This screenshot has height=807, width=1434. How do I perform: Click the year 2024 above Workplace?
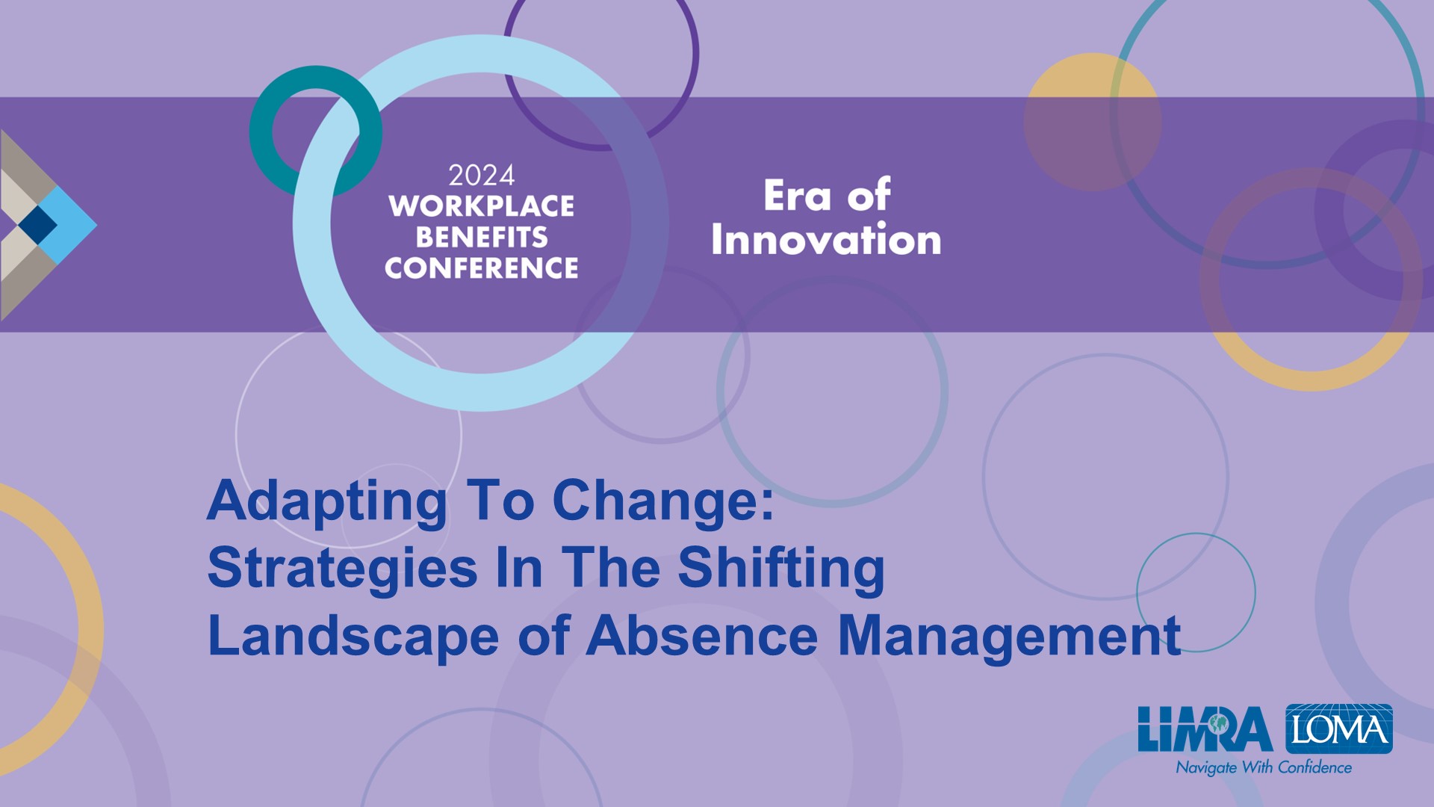(481, 176)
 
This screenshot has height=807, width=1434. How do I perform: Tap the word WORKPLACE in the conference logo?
(481, 206)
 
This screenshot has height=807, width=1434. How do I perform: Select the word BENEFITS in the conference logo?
(482, 237)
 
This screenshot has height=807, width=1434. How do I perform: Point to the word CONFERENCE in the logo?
(481, 268)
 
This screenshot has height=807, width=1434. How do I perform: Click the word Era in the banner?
(797, 196)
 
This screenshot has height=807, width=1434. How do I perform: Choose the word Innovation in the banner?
(826, 239)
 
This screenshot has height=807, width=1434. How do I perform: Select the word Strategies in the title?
(342, 569)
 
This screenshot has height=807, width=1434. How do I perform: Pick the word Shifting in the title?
(781, 569)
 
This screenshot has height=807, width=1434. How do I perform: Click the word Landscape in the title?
(353, 637)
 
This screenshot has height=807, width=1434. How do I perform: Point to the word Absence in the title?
(702, 636)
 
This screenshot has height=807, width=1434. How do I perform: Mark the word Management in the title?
(1009, 637)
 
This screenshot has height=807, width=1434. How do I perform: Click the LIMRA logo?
(1205, 729)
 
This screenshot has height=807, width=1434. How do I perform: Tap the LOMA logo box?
(1339, 729)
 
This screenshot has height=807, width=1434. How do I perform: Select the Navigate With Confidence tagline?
(1264, 767)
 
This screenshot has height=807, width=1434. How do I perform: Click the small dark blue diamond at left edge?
(37, 224)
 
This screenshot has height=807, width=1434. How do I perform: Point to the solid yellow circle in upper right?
(1093, 122)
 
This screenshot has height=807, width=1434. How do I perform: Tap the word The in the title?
(611, 568)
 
